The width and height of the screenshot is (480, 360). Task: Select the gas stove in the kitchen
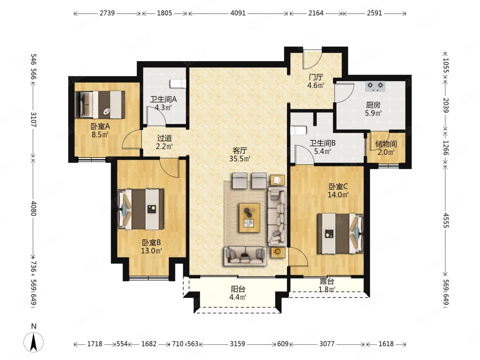(x=375, y=86)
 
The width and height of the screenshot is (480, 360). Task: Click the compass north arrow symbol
(x=33, y=342)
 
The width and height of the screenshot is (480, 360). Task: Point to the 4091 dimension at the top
(x=238, y=13)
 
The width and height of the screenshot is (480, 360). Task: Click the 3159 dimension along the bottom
(x=237, y=344)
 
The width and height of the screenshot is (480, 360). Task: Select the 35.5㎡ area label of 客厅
(x=240, y=159)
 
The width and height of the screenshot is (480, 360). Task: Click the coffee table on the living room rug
(x=249, y=217)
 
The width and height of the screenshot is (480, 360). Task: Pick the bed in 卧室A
(x=100, y=105)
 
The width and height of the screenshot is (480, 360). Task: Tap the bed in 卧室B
(x=141, y=209)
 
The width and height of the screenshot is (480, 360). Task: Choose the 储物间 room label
(x=386, y=144)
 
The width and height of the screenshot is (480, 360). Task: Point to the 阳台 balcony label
(x=238, y=289)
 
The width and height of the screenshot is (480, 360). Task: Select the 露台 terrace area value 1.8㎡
(x=327, y=289)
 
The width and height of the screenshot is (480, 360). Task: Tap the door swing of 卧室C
(x=298, y=257)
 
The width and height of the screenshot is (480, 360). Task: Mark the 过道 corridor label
(x=164, y=138)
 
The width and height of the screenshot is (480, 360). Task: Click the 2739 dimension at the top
(x=107, y=13)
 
